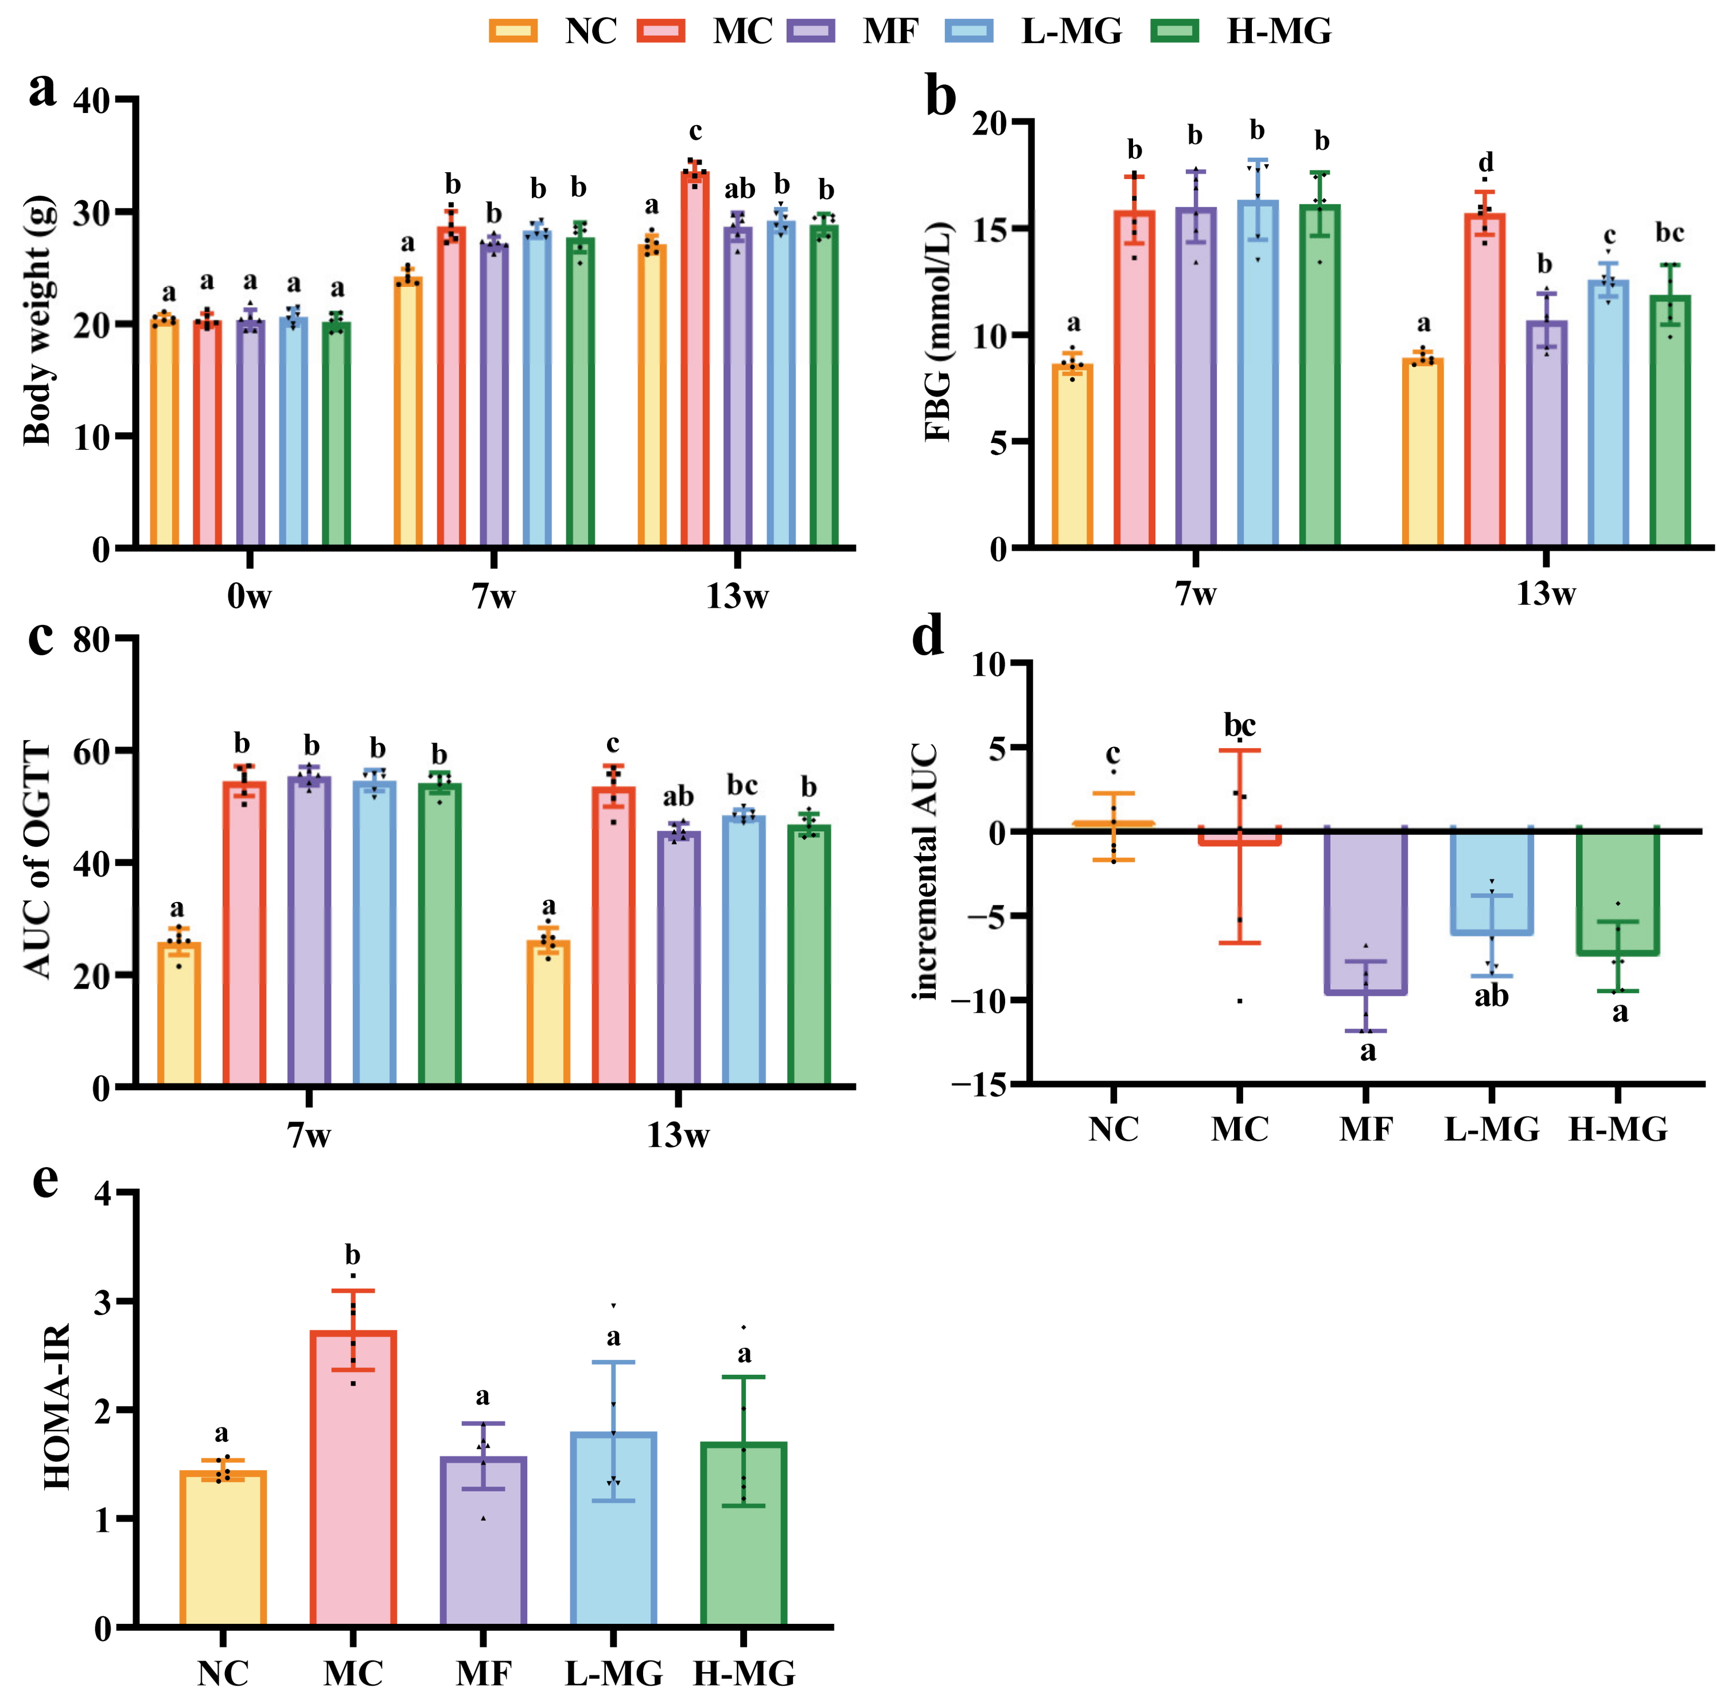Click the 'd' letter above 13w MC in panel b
click(1486, 163)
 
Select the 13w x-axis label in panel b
click(1546, 594)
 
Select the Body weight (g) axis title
click(37, 320)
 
